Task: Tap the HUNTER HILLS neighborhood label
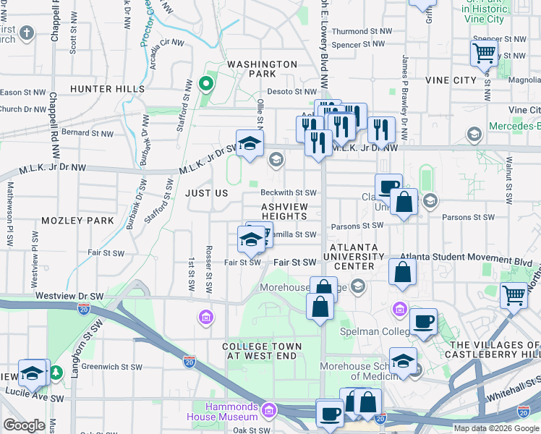click(107, 89)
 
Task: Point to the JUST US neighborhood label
click(206, 194)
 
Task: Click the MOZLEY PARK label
click(77, 220)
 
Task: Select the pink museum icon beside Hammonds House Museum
click(269, 412)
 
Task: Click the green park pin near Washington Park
click(206, 84)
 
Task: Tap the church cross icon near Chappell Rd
click(27, 33)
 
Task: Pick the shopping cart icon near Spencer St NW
click(484, 53)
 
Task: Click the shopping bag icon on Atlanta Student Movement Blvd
click(403, 273)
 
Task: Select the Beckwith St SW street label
click(289, 193)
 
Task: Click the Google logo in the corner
click(24, 425)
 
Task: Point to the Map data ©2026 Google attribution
click(496, 428)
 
